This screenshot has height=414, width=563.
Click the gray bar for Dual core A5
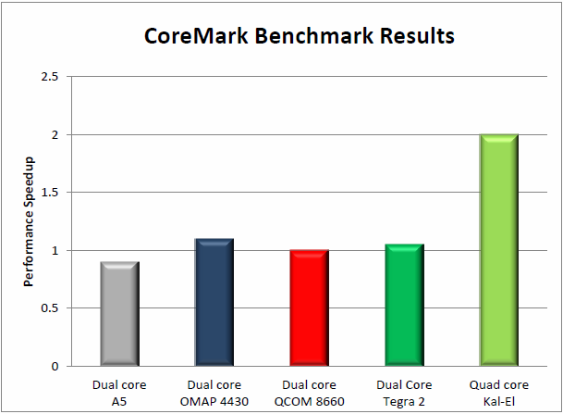click(119, 314)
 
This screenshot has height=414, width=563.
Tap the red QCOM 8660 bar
click(309, 308)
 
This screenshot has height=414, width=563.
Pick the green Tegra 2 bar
click(404, 306)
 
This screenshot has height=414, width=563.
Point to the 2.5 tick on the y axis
click(50, 77)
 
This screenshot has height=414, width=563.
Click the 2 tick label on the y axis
click(55, 135)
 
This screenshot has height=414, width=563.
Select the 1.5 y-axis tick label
click(50, 193)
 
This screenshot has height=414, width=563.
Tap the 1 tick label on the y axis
click(55, 251)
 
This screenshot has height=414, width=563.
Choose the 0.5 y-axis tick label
click(50, 308)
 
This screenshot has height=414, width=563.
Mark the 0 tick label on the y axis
click(55, 367)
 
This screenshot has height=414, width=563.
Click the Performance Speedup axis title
click(29, 221)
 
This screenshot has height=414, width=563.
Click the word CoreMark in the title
click(186, 37)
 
